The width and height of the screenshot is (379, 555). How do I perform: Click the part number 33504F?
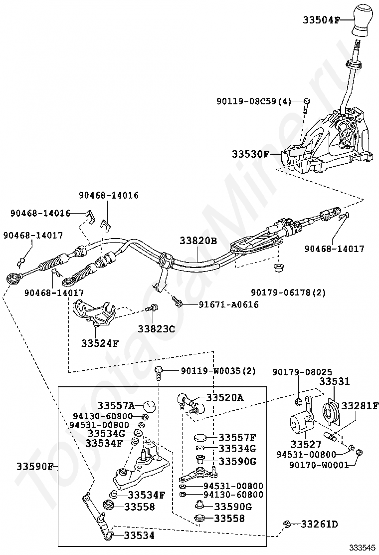point(321,20)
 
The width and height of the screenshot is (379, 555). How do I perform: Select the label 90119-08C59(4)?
point(253,101)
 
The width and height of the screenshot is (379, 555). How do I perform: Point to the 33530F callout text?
point(250,154)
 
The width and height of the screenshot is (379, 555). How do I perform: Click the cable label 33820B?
point(198,241)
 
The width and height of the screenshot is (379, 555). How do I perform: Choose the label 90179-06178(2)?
point(288,292)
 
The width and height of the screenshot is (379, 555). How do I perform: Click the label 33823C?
point(157,329)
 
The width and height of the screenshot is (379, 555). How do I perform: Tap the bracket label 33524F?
point(100,343)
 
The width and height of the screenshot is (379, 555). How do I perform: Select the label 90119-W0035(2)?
point(218,371)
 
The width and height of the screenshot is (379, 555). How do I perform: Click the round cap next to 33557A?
point(150,406)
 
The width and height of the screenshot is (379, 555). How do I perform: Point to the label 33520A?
point(225,397)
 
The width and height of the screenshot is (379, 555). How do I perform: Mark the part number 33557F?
point(237,437)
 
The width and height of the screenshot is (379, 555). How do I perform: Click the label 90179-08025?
point(295,372)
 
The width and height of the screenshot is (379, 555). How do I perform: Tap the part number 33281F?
point(360,406)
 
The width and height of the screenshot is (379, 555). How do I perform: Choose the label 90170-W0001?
point(323,465)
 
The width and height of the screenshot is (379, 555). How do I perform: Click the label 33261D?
point(319,524)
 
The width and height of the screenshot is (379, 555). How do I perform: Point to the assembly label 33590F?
point(34,467)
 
